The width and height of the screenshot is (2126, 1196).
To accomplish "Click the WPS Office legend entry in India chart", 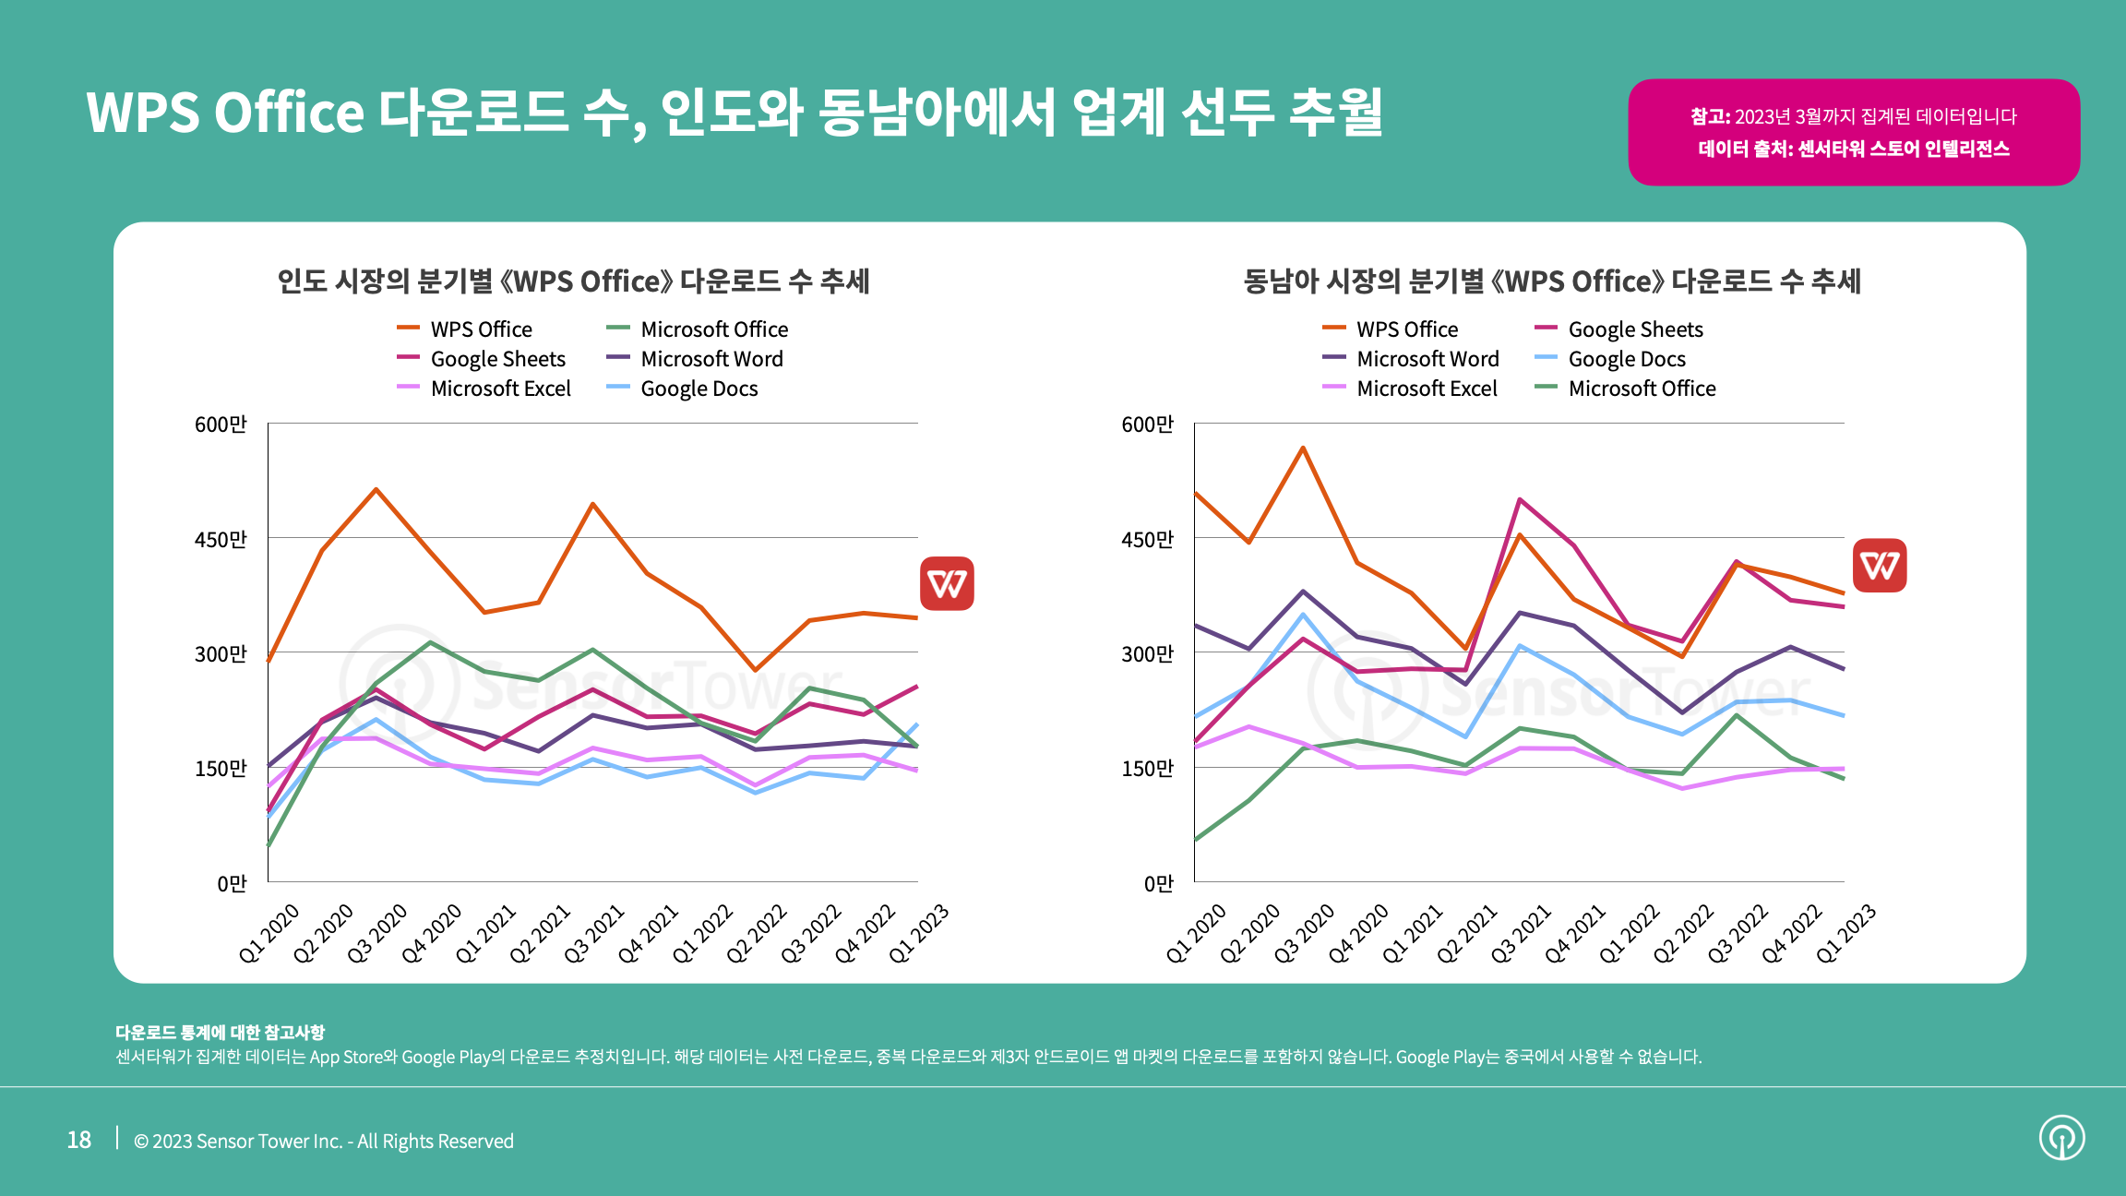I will [x=480, y=329].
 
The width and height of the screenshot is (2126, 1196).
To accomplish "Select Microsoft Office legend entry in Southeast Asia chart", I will [x=1641, y=389].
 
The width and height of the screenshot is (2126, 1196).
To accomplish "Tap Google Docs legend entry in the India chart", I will [x=699, y=389].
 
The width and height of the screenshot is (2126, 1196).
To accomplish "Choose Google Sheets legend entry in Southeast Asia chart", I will [x=1635, y=329].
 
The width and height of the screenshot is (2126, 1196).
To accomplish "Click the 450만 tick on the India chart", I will [x=221, y=539].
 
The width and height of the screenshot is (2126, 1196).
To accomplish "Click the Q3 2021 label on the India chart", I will [x=594, y=934].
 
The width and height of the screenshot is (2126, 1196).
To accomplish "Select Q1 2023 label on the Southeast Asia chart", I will [x=1845, y=934].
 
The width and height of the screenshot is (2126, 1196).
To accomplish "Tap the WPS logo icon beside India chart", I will [x=947, y=583].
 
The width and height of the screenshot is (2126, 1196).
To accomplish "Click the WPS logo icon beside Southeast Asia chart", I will [x=1880, y=565].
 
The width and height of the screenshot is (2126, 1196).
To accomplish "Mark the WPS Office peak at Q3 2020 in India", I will [x=376, y=489].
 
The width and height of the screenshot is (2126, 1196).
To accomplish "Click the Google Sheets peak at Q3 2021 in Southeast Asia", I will [x=1519, y=499].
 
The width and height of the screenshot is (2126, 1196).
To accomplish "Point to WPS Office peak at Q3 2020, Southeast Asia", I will [x=1303, y=448].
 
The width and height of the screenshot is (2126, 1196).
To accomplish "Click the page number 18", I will [x=79, y=1141].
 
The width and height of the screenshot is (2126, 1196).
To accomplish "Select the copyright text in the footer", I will [x=324, y=1142].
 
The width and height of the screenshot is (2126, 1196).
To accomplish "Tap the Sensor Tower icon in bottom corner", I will [x=2061, y=1138].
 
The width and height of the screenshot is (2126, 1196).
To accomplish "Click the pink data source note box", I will [x=1853, y=132].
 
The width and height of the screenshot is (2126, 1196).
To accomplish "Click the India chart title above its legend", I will [x=573, y=281].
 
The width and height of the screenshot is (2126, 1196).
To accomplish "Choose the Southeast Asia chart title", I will [x=1552, y=281].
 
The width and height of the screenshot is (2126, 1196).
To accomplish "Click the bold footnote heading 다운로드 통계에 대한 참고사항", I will [x=220, y=1032].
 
